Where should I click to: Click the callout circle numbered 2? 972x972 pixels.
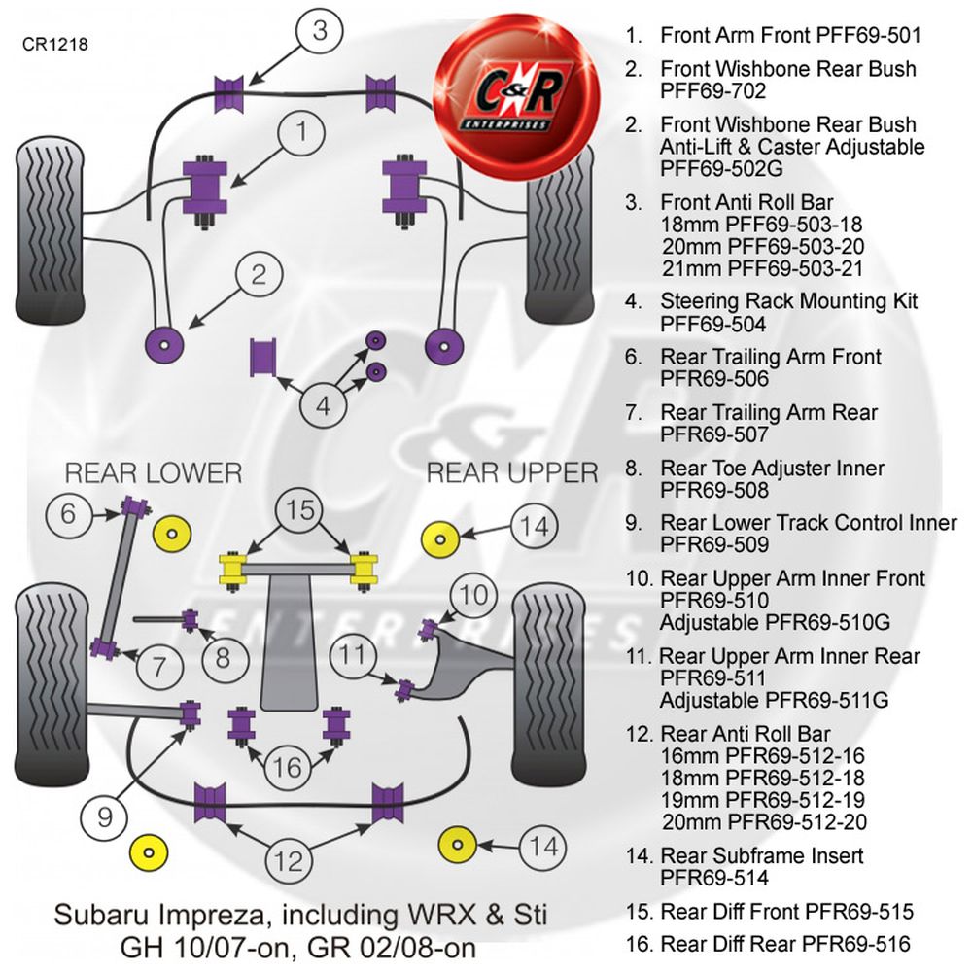point(258,275)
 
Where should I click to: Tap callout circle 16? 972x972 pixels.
point(287,768)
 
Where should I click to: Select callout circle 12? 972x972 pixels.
point(288,859)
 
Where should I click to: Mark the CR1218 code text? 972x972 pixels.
point(55,44)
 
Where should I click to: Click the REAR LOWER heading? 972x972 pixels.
point(153,473)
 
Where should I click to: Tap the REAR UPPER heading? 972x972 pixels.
point(512,473)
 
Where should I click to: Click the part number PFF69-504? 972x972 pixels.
point(712,324)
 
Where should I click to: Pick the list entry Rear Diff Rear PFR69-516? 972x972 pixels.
point(784,943)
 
